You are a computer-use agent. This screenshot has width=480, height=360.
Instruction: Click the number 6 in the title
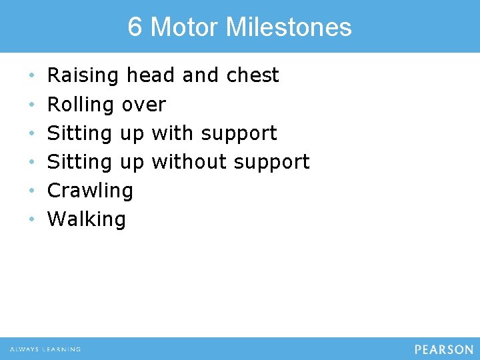[x=135, y=27]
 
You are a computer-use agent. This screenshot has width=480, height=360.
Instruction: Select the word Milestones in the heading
[x=289, y=27]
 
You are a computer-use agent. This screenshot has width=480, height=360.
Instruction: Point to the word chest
[x=253, y=75]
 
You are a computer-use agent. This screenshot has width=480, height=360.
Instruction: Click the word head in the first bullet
[x=151, y=75]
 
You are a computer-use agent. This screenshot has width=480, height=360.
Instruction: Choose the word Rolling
[x=81, y=105]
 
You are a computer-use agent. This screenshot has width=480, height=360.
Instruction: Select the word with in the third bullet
[x=173, y=133]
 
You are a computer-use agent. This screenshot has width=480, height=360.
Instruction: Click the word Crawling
[x=90, y=191]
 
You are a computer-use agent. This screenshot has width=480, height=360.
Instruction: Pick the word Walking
[x=87, y=219]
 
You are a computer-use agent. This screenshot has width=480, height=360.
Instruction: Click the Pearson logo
[x=443, y=349]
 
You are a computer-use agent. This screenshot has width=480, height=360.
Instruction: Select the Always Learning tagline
[x=45, y=349]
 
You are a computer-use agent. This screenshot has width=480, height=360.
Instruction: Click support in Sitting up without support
[x=272, y=162]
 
